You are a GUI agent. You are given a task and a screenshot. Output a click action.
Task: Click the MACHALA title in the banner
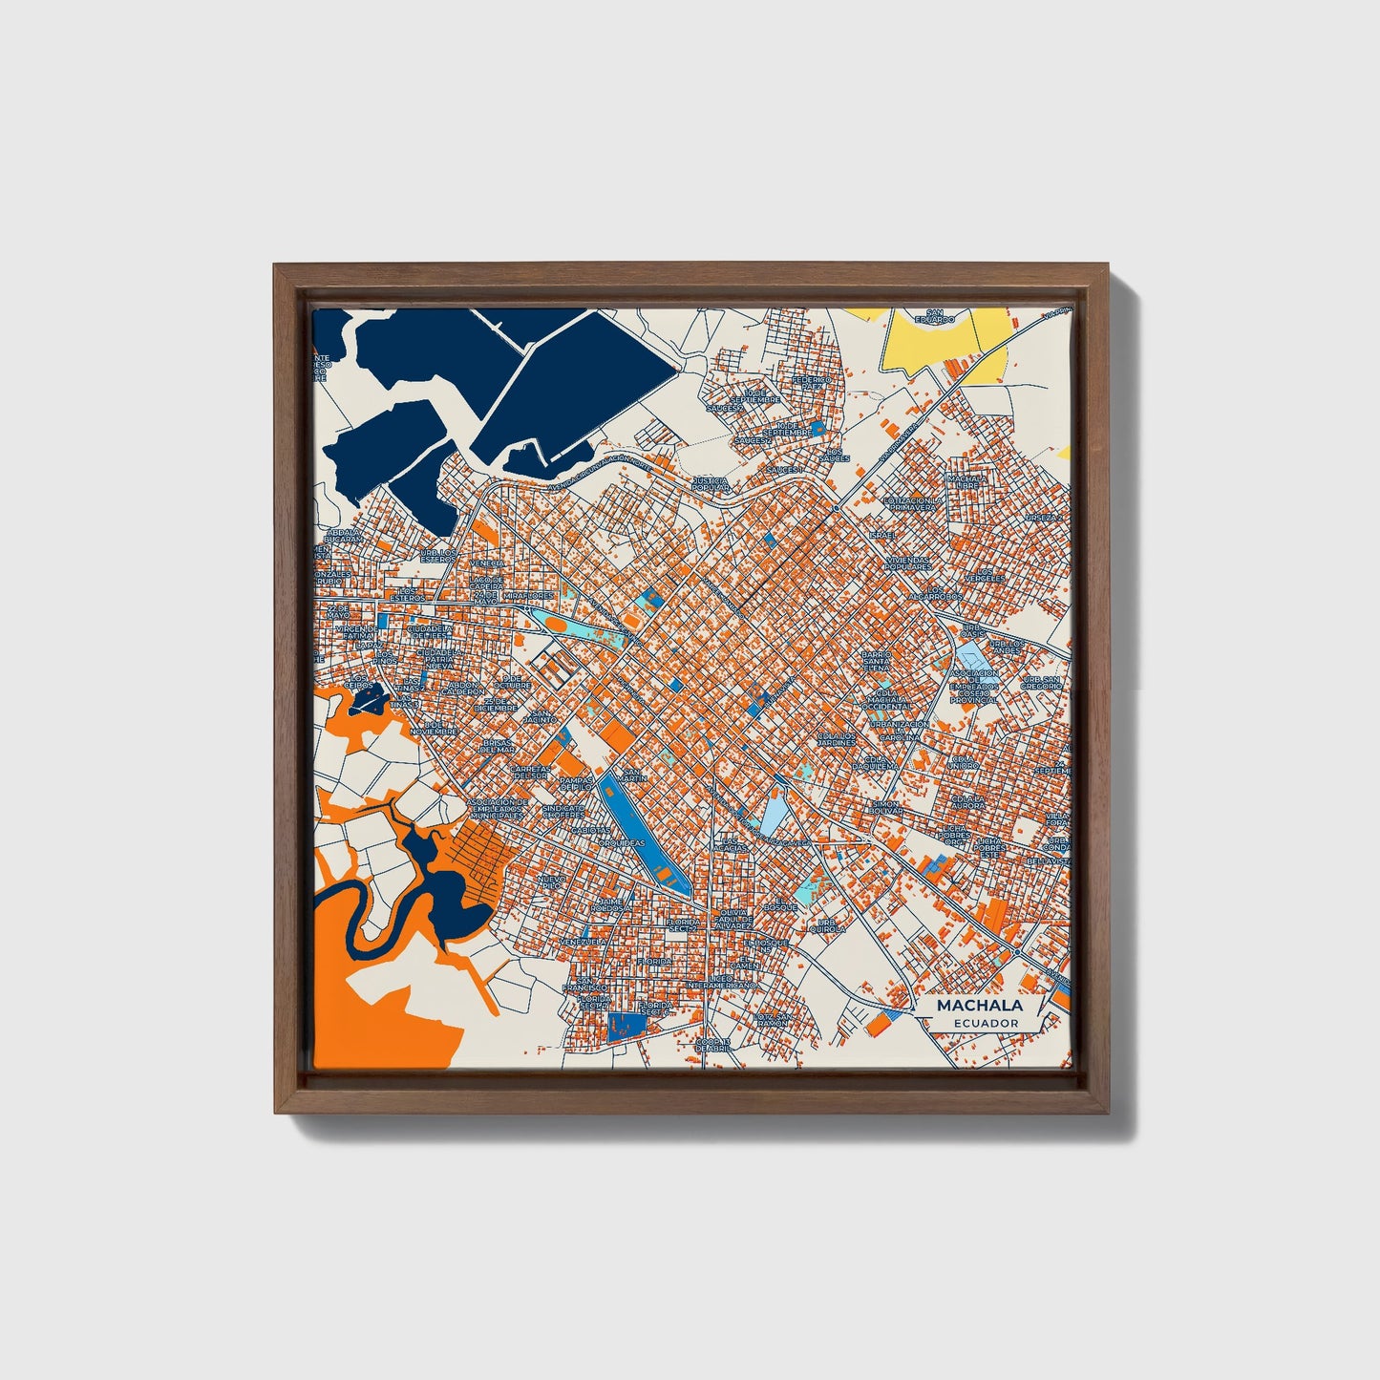(x=979, y=1006)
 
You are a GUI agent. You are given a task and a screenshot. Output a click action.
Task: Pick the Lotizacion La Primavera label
(x=912, y=503)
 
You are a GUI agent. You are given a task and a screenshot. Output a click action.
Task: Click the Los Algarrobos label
(x=934, y=596)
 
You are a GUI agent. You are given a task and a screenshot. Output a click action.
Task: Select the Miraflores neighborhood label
(x=528, y=594)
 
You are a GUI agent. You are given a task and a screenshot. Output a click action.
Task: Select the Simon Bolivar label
(x=885, y=808)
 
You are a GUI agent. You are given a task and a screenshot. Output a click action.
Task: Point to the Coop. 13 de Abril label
(x=712, y=1044)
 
